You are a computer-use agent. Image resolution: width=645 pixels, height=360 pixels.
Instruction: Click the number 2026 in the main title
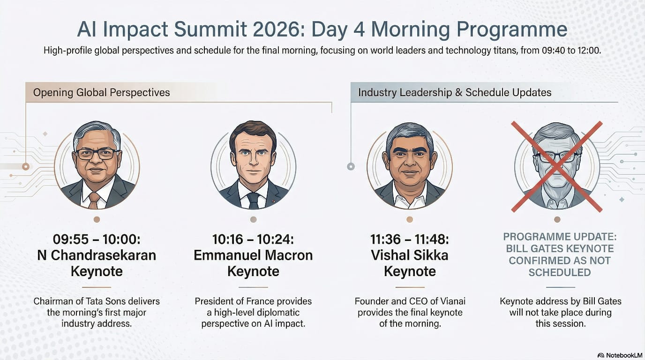tap(278, 29)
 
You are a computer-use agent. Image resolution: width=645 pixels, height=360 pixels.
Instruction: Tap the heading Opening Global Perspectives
tap(101, 92)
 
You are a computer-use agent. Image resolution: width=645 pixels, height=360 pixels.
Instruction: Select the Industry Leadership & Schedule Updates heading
tap(455, 92)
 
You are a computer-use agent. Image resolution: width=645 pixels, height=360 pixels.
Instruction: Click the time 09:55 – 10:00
tap(96, 240)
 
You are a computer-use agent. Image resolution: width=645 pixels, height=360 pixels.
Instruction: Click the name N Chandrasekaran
tap(97, 255)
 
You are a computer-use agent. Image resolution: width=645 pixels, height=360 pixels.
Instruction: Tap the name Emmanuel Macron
tap(253, 255)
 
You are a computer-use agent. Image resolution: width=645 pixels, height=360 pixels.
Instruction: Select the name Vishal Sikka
tap(410, 255)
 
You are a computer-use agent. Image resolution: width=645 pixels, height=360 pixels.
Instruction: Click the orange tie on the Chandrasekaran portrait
tap(94, 200)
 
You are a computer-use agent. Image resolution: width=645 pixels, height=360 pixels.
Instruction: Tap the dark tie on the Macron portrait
tap(253, 201)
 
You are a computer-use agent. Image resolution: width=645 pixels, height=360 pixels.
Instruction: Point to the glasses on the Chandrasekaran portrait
tap(97, 154)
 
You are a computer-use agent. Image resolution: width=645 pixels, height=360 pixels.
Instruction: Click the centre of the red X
tap(556, 167)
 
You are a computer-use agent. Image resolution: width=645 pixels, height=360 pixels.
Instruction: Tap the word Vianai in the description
tap(453, 301)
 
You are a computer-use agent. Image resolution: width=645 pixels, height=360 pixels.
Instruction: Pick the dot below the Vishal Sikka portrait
tap(410, 219)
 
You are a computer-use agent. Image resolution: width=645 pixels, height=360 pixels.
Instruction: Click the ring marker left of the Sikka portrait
tap(351, 166)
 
